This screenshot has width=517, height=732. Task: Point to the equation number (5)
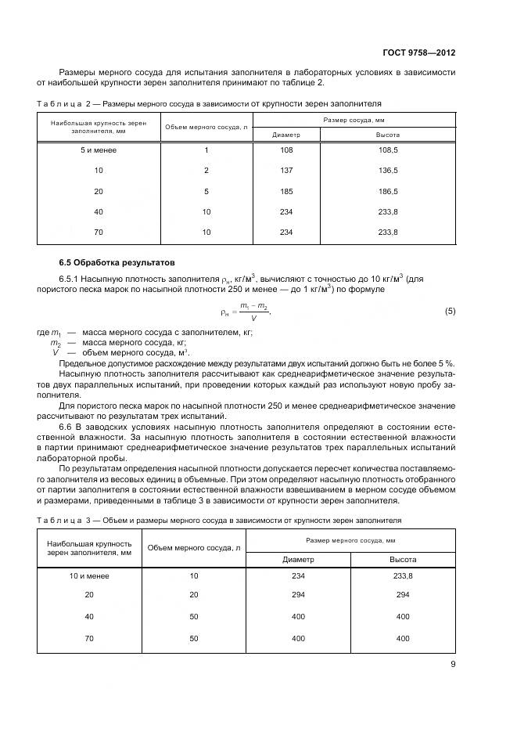tap(450, 311)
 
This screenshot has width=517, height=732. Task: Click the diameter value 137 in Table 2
tap(285, 170)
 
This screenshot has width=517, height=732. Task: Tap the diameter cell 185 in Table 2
tap(285, 190)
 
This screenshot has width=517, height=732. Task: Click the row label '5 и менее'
tap(99, 150)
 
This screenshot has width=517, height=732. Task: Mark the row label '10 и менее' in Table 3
tap(90, 575)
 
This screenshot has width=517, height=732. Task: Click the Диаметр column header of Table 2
tap(285, 135)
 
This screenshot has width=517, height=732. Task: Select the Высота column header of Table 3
tap(403, 560)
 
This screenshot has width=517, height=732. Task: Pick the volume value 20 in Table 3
tap(193, 596)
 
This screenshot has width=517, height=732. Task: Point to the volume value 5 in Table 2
tap(206, 190)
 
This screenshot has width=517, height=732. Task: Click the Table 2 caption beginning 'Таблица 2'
tap(209, 103)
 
